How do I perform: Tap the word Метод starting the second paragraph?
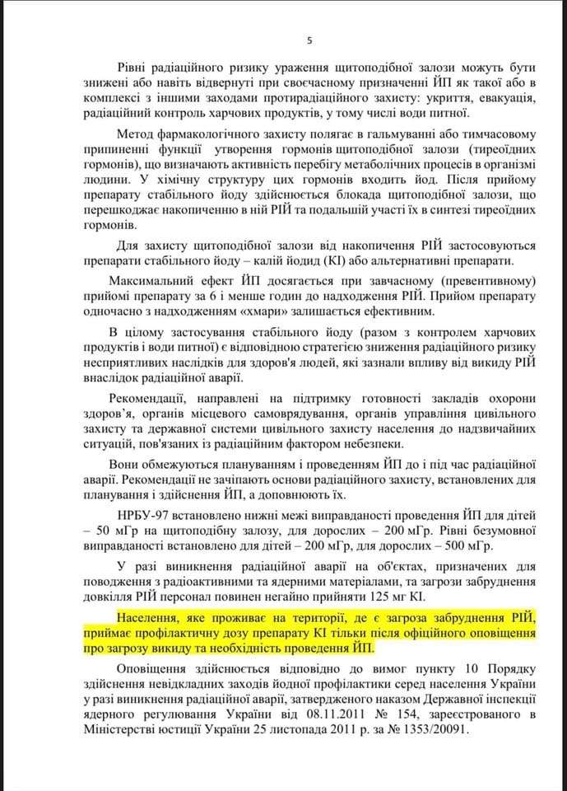point(136,134)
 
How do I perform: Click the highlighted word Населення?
point(150,618)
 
